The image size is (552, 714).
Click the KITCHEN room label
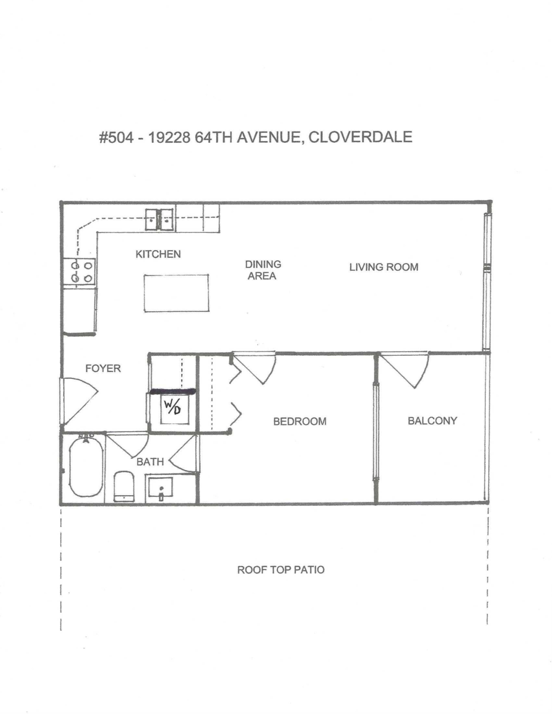coord(158,254)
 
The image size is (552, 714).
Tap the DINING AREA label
coord(263,270)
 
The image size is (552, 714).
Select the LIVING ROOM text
coord(383,267)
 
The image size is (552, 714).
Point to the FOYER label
coord(102,368)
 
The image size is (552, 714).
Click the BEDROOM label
coord(300,421)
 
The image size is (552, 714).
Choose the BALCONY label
coord(432,421)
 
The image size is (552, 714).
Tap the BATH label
coord(151,461)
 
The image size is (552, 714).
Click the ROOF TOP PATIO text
coord(281,569)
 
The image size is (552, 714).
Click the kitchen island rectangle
coord(176,293)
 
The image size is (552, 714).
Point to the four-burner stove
coord(80,272)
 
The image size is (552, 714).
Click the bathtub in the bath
coord(86,468)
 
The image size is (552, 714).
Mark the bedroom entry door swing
coord(254,368)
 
